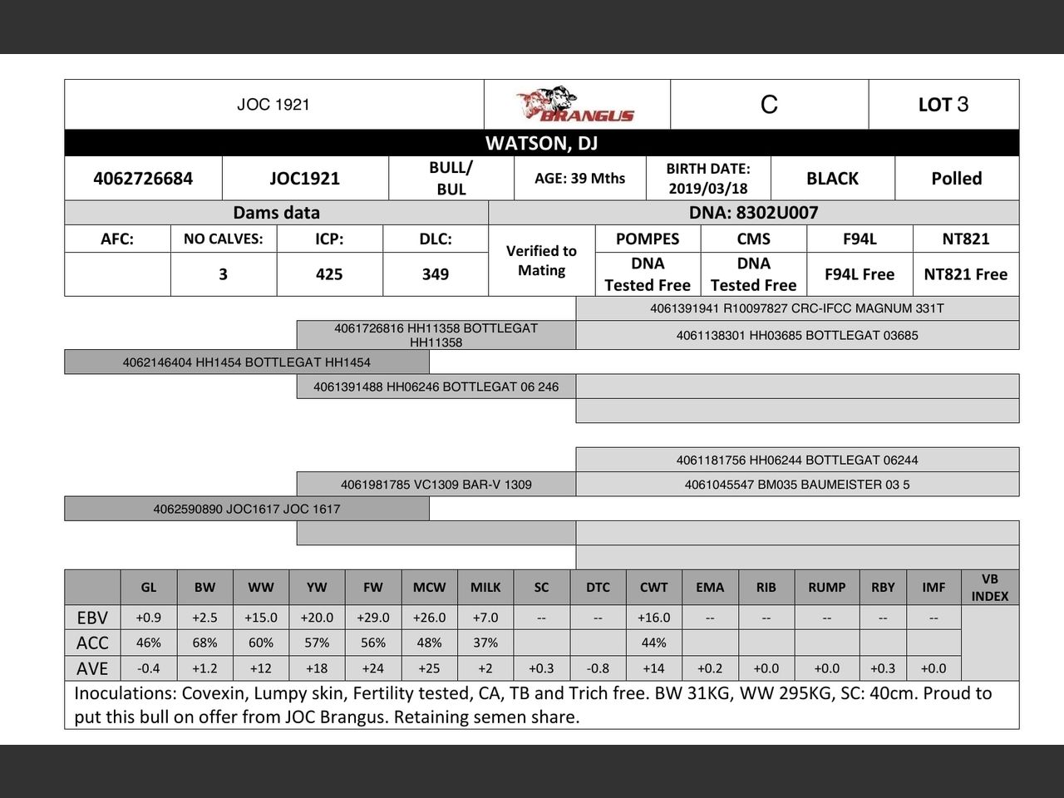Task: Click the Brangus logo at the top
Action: pyautogui.click(x=575, y=105)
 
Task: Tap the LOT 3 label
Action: pyautogui.click(x=943, y=105)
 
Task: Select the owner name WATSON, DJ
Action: pyautogui.click(x=541, y=143)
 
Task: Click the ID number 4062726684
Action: pyautogui.click(x=143, y=178)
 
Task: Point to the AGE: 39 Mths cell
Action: pyautogui.click(x=579, y=178)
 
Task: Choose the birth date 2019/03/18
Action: pyautogui.click(x=707, y=189)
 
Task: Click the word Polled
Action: pyautogui.click(x=956, y=178)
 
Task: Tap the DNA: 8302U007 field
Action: pyautogui.click(x=753, y=213)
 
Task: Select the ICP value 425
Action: pyautogui.click(x=329, y=274)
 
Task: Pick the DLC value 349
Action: pyautogui.click(x=435, y=274)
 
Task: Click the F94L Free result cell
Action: pyautogui.click(x=860, y=274)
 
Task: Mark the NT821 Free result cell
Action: pyautogui.click(x=965, y=274)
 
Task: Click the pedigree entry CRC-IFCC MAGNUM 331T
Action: pyautogui.click(x=796, y=308)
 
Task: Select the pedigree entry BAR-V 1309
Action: pyautogui.click(x=436, y=485)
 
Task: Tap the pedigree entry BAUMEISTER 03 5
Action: pyautogui.click(x=796, y=485)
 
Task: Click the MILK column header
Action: pyautogui.click(x=485, y=587)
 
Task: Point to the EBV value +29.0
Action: pyautogui.click(x=372, y=618)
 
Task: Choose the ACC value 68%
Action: pyautogui.click(x=204, y=643)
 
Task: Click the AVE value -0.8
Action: pyautogui.click(x=598, y=668)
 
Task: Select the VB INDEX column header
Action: pyautogui.click(x=989, y=588)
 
